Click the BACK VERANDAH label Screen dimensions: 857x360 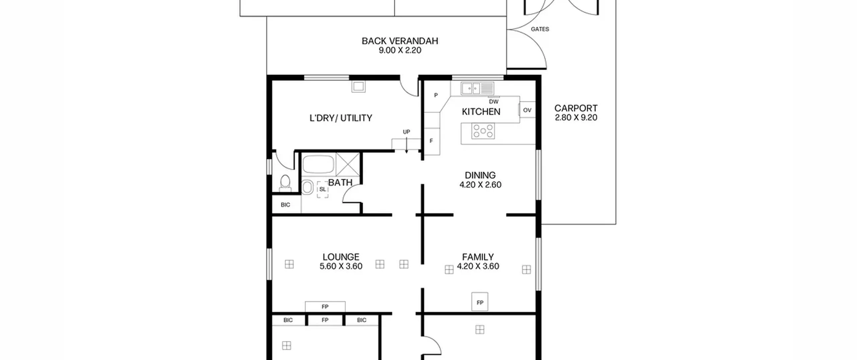tap(400, 41)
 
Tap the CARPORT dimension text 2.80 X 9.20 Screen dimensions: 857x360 tap(576, 118)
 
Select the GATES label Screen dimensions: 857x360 tap(540, 29)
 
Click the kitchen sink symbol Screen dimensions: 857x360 tap(477, 88)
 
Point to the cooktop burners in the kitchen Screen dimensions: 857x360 tap(483, 131)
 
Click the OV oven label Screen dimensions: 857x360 tap(527, 110)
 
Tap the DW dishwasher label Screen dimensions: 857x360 tap(493, 101)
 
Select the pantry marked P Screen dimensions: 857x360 tap(436, 95)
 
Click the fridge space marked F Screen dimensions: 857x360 tap(432, 141)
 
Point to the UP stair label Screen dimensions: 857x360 tap(406, 132)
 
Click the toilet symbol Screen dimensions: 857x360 tap(285, 183)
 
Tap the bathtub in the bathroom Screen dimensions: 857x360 tap(318, 164)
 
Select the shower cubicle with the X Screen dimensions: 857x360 tap(348, 164)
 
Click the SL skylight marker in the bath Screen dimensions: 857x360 tap(323, 189)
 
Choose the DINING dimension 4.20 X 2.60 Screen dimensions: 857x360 tap(480, 185)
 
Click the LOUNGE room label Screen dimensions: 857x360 tap(341, 257)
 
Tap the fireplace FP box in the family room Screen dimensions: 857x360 tap(480, 302)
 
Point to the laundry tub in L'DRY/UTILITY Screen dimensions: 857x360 tap(358, 87)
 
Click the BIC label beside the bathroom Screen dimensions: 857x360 tap(285, 205)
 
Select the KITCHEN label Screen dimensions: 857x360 tap(481, 112)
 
